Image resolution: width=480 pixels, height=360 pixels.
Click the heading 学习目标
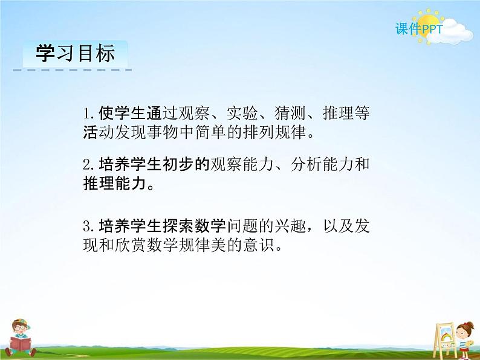76,53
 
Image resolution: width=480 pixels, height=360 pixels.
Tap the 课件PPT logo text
419,29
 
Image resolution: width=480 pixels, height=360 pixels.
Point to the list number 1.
88,114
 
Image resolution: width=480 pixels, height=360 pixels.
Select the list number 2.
88,164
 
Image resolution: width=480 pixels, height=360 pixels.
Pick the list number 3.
88,226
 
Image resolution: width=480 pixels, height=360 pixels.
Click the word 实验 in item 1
242,113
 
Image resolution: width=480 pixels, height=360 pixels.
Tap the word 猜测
290,113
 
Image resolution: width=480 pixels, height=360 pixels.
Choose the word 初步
178,164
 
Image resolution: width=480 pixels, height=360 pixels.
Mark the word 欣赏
131,245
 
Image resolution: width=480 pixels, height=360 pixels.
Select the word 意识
258,245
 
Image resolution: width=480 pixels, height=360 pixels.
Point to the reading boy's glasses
20,327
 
